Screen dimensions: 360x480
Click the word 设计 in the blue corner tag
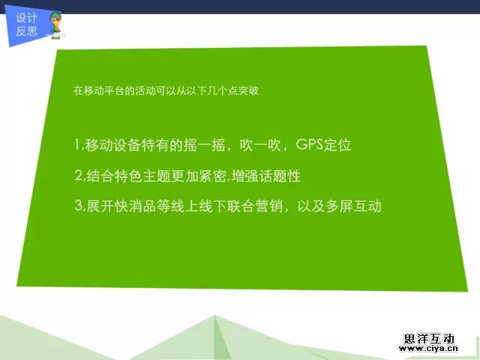pos(27,19)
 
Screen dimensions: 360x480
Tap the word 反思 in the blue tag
pos(27,31)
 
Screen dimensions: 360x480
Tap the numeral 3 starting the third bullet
pos(78,205)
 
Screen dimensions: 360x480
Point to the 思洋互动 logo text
pos(428,339)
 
